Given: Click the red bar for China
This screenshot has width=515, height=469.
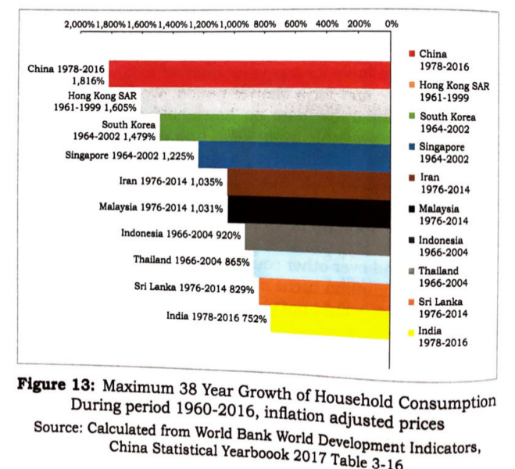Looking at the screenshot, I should pos(250,73).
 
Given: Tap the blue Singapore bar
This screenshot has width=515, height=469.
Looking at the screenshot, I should pos(294,155).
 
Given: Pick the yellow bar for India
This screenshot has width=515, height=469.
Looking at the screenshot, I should pos(330,321).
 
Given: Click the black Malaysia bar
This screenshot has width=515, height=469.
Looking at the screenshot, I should pos(309,210).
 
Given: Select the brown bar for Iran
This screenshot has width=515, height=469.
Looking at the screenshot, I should pos(309,182).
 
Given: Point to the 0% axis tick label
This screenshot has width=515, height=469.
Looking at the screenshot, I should pos(392,25).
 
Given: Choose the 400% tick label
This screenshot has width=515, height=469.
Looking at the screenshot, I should pos(328,25).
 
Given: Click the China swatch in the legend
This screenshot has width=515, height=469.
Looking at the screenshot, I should pos(412,54).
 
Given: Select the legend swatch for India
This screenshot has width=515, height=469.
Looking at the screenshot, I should pos(412,331).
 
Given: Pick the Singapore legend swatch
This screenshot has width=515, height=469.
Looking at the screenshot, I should pos(412,147).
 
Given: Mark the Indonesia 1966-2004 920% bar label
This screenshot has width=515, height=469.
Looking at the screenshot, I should pos(181,233).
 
